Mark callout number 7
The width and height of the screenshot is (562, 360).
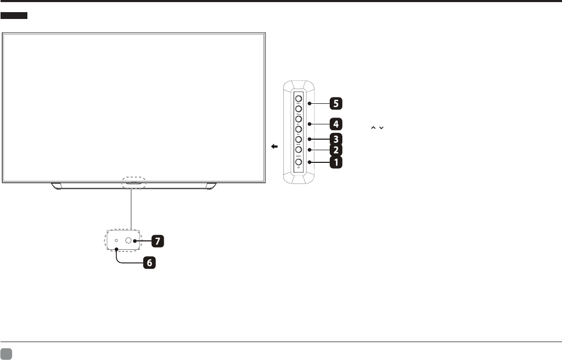[x=157, y=241]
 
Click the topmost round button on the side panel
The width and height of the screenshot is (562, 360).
[x=298, y=98]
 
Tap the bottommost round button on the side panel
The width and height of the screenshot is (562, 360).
[x=298, y=162]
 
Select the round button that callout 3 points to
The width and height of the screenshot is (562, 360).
[x=298, y=140]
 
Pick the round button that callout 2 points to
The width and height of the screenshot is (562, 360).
[x=298, y=150]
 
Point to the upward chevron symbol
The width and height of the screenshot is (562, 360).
[x=373, y=129]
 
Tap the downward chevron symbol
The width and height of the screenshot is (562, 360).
[x=380, y=129]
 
